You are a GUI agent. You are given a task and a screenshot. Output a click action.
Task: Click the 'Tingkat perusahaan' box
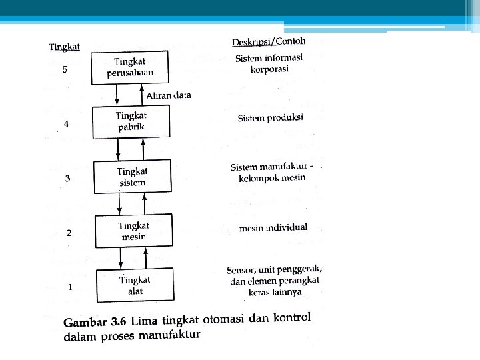pyautogui.click(x=131, y=67)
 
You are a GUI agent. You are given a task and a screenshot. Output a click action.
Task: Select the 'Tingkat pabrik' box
pyautogui.click(x=131, y=121)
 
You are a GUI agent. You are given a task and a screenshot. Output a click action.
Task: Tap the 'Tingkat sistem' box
pyautogui.click(x=132, y=177)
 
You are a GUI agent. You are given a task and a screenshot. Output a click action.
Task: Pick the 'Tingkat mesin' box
pyautogui.click(x=133, y=231)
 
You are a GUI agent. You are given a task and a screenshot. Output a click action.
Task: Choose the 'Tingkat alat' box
pyautogui.click(x=135, y=285)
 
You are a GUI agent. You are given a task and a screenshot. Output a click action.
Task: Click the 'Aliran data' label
pyautogui.click(x=168, y=95)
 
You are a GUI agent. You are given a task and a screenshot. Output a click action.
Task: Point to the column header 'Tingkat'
pyautogui.click(x=65, y=47)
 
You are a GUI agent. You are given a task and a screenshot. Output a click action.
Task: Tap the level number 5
pyautogui.click(x=65, y=69)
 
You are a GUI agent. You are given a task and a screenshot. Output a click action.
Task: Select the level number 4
pyautogui.click(x=65, y=124)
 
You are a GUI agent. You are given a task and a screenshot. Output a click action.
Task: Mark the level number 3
pyautogui.click(x=67, y=178)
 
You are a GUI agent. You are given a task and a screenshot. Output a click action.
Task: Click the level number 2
pyautogui.click(x=68, y=233)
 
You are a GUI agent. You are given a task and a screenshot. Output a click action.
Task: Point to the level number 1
pyautogui.click(x=69, y=287)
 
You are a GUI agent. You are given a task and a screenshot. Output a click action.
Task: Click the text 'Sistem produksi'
pyautogui.click(x=270, y=119)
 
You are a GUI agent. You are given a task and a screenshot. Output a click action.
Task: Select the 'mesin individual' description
pyautogui.click(x=273, y=228)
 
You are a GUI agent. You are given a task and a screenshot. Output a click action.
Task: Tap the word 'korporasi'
pyautogui.click(x=269, y=70)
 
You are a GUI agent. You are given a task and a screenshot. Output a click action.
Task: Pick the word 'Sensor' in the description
pyautogui.click(x=241, y=271)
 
